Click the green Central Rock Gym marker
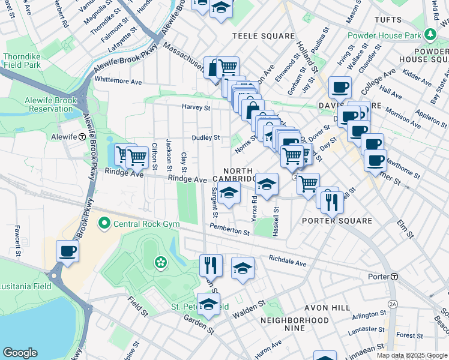[104, 224]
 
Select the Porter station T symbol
[394, 277]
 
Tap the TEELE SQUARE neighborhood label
[261, 36]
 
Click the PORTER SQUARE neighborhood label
[337, 221]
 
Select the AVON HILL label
[327, 307]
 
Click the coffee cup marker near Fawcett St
[67, 251]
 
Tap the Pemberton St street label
[229, 229]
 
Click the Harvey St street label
[197, 108]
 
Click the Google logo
[20, 353]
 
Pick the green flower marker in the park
[160, 262]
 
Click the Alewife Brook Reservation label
[49, 104]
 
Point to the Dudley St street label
[206, 137]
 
